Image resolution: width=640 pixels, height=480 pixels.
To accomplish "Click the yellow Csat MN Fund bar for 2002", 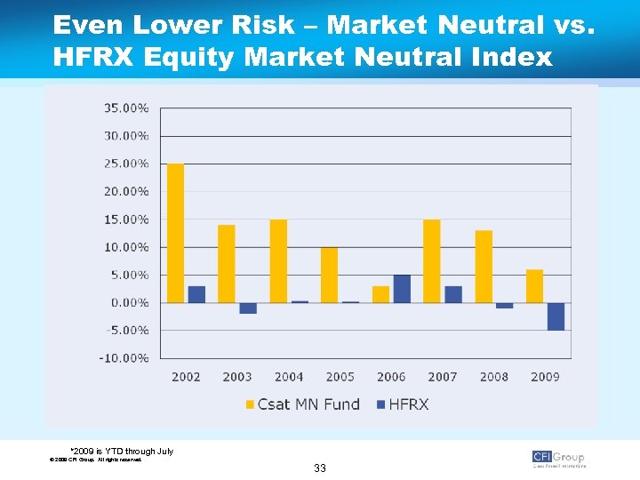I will (176, 233).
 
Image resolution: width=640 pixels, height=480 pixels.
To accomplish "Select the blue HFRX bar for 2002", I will (196, 294).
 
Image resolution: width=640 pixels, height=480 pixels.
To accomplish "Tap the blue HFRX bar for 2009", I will (556, 316).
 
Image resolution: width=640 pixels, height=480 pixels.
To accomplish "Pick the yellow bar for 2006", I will (380, 294).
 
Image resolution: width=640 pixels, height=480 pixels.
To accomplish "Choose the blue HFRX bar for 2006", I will (402, 289).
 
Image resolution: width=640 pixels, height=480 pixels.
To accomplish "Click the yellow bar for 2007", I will (432, 261).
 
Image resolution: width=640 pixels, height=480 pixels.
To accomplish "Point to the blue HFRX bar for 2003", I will (248, 308).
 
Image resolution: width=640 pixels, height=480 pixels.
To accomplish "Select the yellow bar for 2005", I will (330, 275).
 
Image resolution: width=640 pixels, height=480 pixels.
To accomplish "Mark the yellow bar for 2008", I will (484, 267).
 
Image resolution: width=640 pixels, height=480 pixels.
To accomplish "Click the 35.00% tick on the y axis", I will (127, 108).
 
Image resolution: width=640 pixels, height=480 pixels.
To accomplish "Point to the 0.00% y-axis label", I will (130, 303).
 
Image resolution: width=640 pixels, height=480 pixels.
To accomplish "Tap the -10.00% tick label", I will (126, 358).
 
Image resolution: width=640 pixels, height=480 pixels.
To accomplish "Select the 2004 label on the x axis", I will (289, 377).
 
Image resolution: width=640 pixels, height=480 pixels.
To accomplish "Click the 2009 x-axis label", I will (545, 377).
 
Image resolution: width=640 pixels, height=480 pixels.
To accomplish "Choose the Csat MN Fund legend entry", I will (303, 404).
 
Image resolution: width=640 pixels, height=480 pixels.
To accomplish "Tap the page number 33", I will (319, 468).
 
